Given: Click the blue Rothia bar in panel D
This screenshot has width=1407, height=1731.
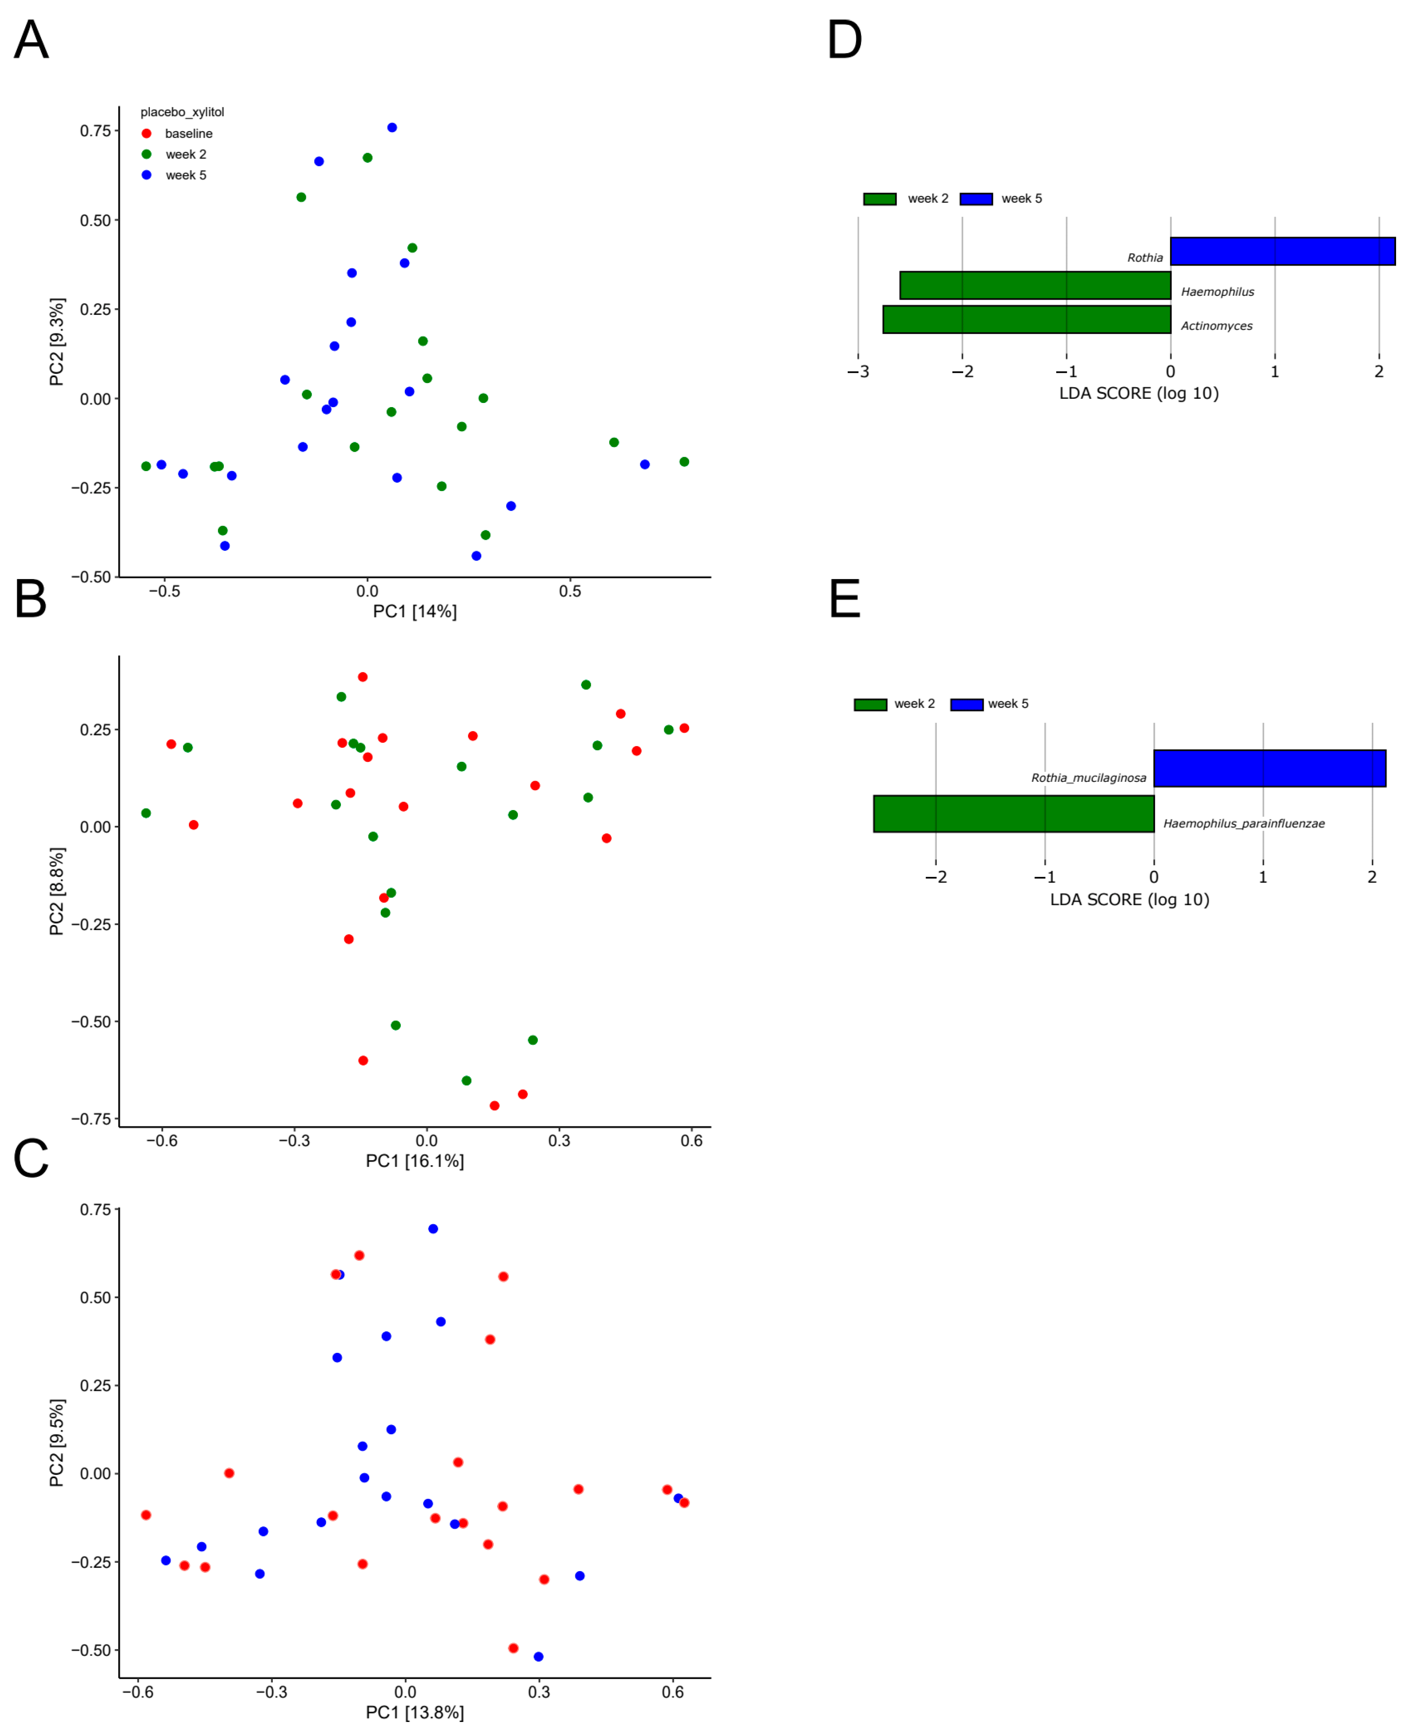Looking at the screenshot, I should [x=1282, y=251].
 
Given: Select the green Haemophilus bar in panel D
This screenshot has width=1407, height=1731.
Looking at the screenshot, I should [x=1035, y=285].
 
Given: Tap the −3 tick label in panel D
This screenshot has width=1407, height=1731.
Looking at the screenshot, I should [x=858, y=372].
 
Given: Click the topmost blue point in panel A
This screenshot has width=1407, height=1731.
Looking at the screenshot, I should [x=392, y=127].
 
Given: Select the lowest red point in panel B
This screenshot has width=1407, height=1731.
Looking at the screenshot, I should [x=494, y=1105].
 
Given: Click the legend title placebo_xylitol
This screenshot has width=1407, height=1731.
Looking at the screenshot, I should [x=183, y=112].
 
